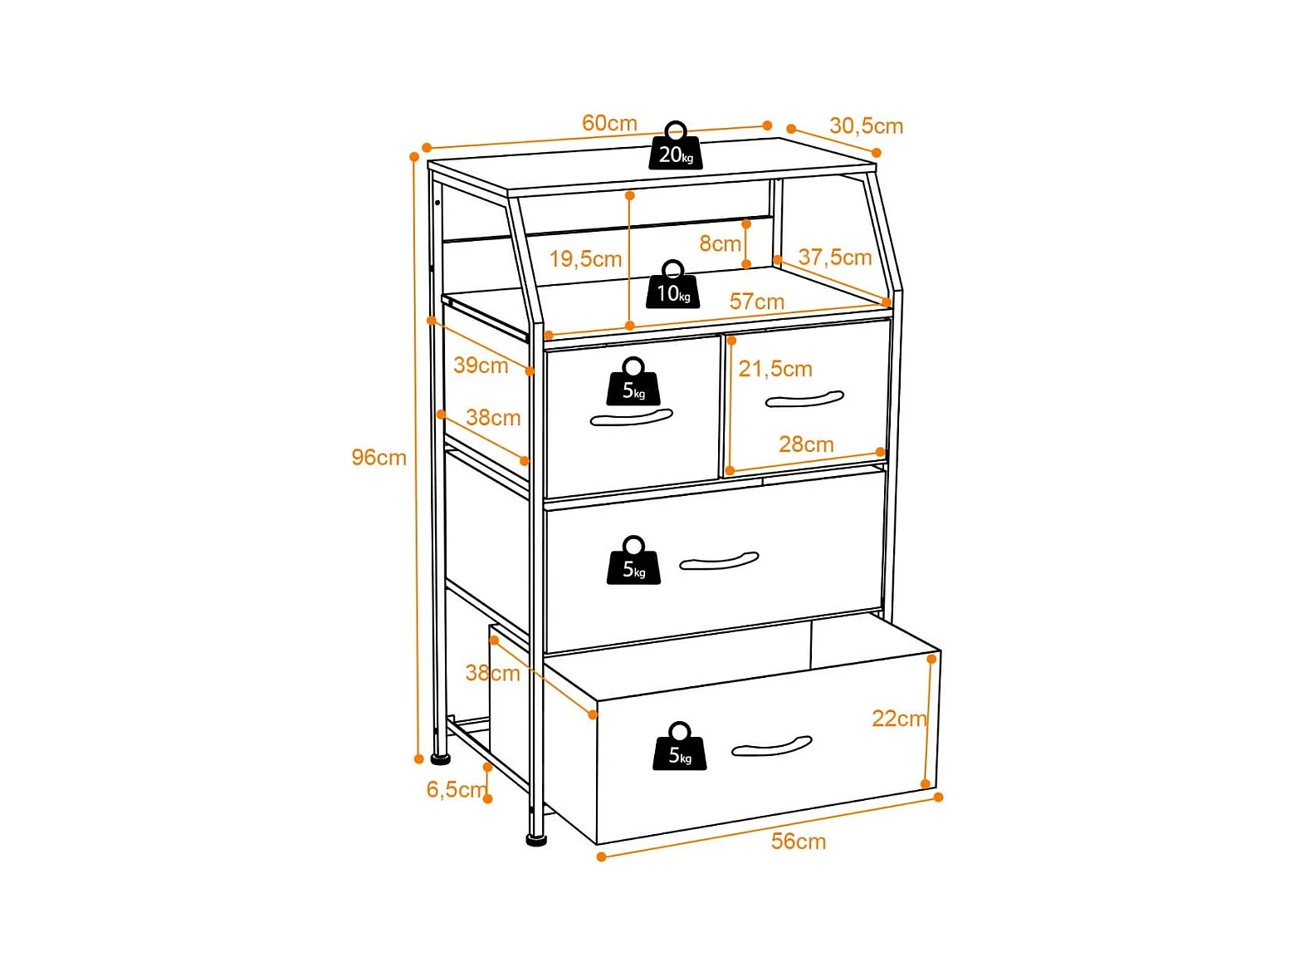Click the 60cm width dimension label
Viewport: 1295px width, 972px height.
(x=609, y=123)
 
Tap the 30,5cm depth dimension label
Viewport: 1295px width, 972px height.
(x=866, y=126)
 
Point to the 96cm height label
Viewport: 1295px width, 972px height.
(x=379, y=457)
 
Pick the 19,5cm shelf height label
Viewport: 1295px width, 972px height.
(x=585, y=258)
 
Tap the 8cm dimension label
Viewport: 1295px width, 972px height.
(x=719, y=243)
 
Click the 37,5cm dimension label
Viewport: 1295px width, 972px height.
(x=834, y=257)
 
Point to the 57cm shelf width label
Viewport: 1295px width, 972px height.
(x=756, y=301)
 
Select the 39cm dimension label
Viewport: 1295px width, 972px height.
(x=481, y=365)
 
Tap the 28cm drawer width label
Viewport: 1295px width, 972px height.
(x=806, y=444)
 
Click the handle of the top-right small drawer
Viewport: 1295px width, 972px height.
(x=804, y=400)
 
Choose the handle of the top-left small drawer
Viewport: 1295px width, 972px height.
(x=631, y=417)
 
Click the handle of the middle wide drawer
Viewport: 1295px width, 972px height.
(x=718, y=562)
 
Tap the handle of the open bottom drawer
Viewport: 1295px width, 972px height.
(x=771, y=746)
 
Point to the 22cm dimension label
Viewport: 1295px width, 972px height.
(x=899, y=718)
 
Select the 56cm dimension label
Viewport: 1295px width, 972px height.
(x=798, y=841)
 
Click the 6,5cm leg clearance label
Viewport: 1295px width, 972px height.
(x=456, y=789)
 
